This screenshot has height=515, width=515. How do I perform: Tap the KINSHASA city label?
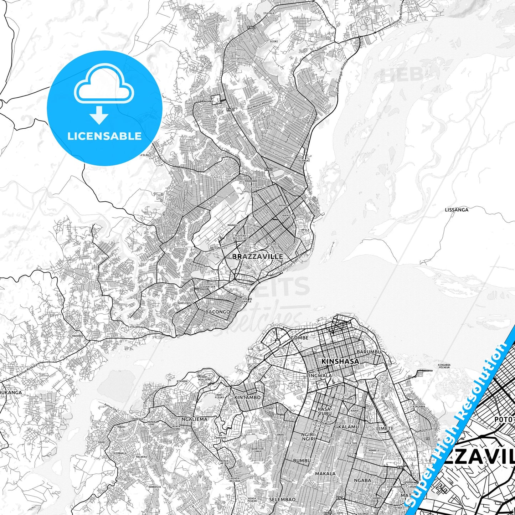tap(340, 361)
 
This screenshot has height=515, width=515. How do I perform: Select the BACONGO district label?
tap(217, 312)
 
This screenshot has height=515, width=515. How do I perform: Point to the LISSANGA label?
tap(457, 210)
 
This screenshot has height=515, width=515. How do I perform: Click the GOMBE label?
tap(299, 338)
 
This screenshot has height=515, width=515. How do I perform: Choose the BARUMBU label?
tap(369, 352)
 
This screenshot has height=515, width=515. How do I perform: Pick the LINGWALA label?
tap(319, 376)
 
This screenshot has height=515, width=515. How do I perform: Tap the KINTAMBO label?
tap(247, 397)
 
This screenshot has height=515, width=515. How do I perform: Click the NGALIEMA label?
tap(194, 419)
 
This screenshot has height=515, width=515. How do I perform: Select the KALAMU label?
tap(348, 427)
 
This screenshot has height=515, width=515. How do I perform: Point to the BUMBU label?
tap(302, 461)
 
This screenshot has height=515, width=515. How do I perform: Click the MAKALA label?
tap(325, 474)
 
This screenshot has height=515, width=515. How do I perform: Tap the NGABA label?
tap(362, 480)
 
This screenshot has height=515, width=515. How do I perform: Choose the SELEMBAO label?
tap(282, 499)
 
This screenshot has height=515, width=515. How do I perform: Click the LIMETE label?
tap(385, 428)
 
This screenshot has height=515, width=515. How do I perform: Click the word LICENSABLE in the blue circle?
tap(104, 136)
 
